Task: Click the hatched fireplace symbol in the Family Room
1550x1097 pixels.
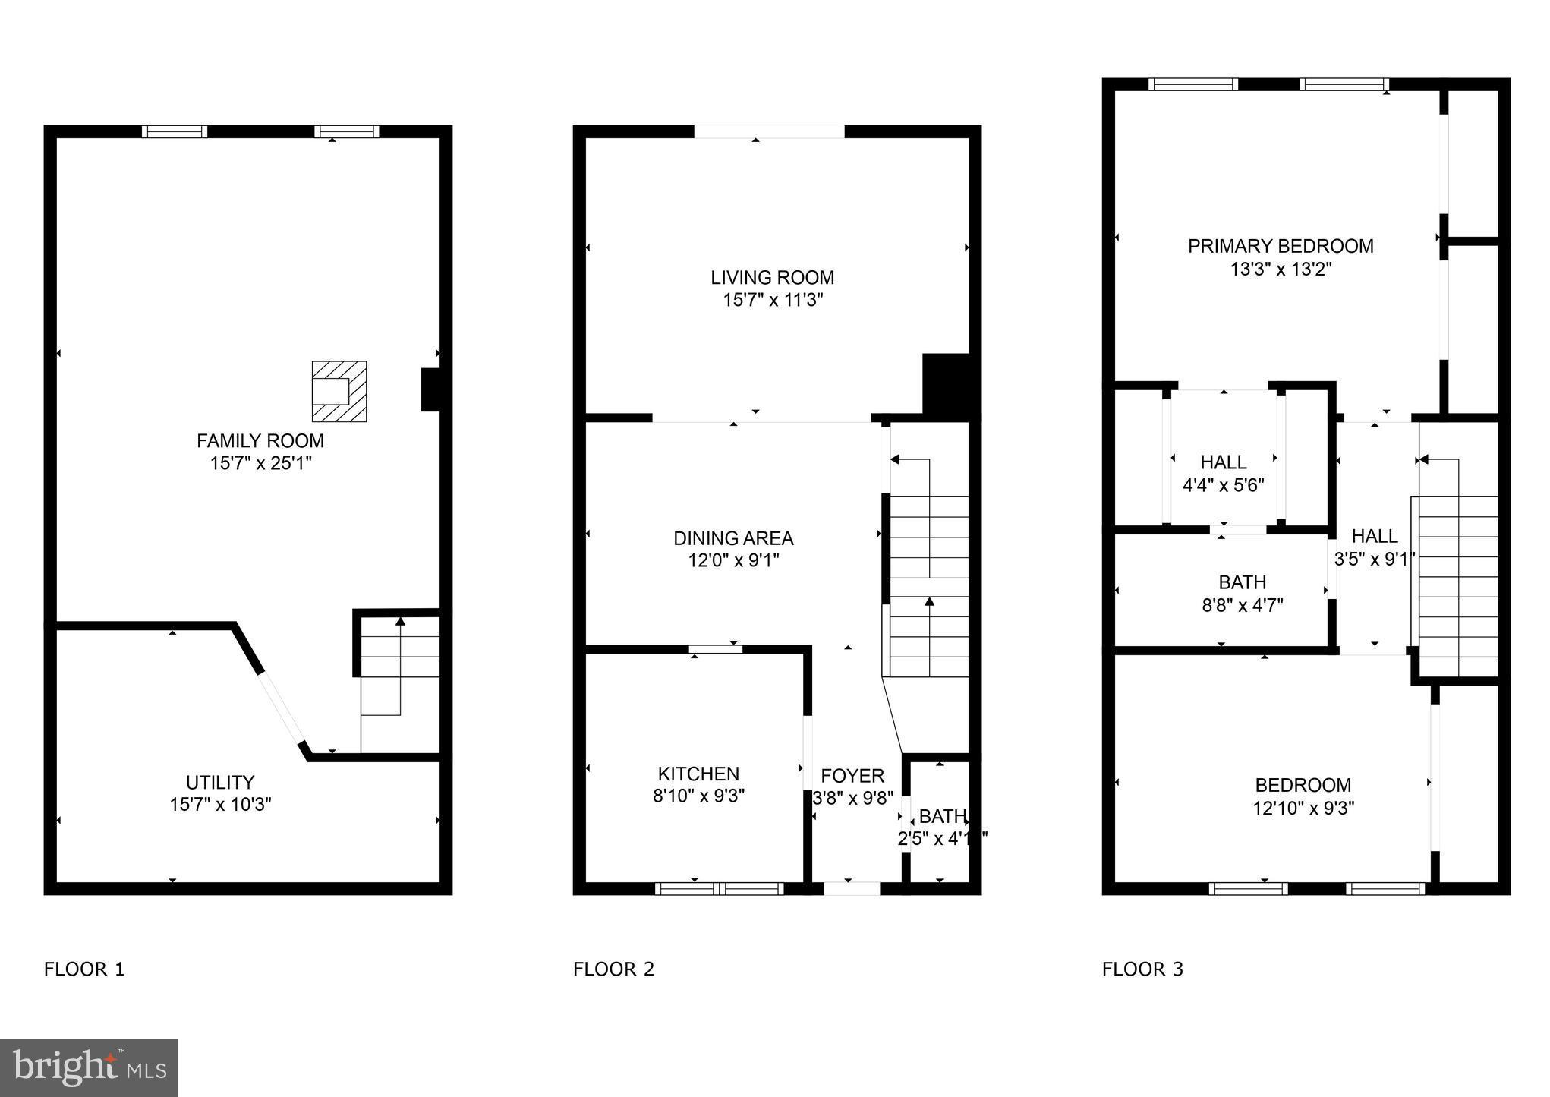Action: click(x=339, y=391)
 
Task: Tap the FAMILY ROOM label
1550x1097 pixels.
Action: click(x=260, y=441)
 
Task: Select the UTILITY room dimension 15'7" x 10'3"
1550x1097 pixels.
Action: click(x=220, y=805)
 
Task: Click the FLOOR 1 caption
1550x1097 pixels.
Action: click(x=84, y=969)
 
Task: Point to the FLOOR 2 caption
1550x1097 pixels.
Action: click(x=613, y=969)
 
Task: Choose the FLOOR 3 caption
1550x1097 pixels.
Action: click(x=1142, y=969)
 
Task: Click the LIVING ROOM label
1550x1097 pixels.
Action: click(x=772, y=278)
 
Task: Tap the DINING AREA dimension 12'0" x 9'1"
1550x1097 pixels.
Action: click(x=733, y=561)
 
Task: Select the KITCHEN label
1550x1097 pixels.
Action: click(x=698, y=774)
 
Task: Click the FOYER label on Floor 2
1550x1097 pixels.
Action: click(x=852, y=776)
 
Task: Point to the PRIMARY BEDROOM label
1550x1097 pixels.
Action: click(x=1281, y=246)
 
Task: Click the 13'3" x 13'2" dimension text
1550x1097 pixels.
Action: click(x=1281, y=270)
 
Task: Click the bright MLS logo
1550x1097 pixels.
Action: click(x=90, y=1067)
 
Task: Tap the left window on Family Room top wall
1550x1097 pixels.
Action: click(x=175, y=132)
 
